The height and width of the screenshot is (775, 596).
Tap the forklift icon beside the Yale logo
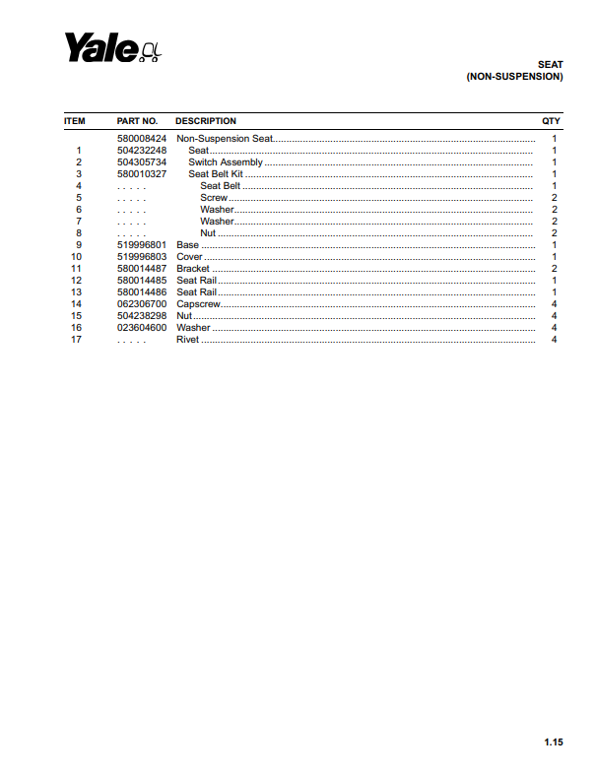pyautogui.click(x=151, y=51)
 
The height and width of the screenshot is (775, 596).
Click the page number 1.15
pyautogui.click(x=553, y=743)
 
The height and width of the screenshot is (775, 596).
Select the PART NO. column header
pyautogui.click(x=137, y=121)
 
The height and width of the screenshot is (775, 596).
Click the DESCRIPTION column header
pyautogui.click(x=205, y=121)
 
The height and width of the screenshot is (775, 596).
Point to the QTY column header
pyautogui.click(x=552, y=121)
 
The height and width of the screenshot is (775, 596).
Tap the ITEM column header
pyautogui.click(x=75, y=121)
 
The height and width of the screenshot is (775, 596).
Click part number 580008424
pyautogui.click(x=142, y=139)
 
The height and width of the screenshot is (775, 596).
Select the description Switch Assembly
pyautogui.click(x=226, y=162)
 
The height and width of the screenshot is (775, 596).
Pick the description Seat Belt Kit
pyautogui.click(x=216, y=174)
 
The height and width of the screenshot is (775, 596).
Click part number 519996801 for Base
pyautogui.click(x=142, y=245)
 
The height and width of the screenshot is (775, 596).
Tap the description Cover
pyautogui.click(x=189, y=257)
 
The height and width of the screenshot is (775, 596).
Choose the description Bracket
pyautogui.click(x=193, y=269)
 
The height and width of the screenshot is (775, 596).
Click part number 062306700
pyautogui.click(x=142, y=304)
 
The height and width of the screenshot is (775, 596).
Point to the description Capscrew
pyautogui.click(x=197, y=304)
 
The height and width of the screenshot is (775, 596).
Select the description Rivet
pyautogui.click(x=187, y=340)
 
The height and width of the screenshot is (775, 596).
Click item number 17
pyautogui.click(x=76, y=340)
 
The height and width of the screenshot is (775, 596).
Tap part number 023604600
pyautogui.click(x=142, y=328)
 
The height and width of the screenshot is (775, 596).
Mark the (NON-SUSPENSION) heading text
pyautogui.click(x=514, y=77)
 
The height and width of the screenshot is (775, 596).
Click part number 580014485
pyautogui.click(x=142, y=281)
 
